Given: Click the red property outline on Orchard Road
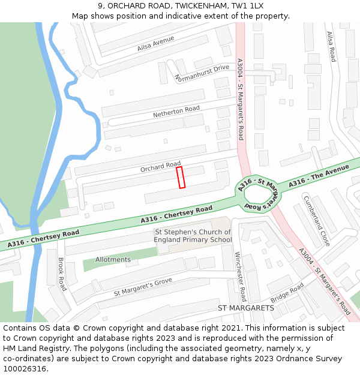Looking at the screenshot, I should [x=181, y=178].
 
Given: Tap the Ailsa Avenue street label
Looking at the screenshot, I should [x=155, y=43].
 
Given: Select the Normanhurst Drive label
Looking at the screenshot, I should [x=201, y=73].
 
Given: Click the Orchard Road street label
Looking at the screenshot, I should [x=160, y=167].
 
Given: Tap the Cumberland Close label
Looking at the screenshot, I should [x=316, y=221].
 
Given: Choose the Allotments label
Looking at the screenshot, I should [x=113, y=260].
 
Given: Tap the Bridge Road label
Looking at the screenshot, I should [x=287, y=293].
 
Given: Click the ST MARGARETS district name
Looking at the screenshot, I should [x=245, y=308].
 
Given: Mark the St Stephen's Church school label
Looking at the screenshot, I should [x=193, y=236].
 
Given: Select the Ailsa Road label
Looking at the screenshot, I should [x=331, y=47].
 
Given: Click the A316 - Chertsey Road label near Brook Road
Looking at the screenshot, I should [x=43, y=238].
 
